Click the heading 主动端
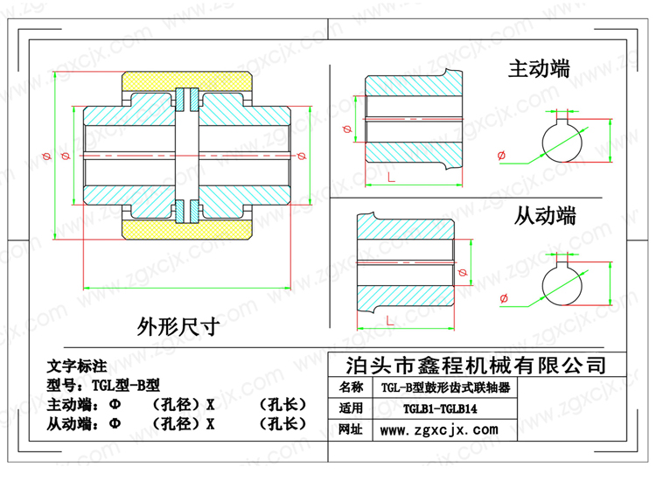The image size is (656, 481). [539, 68]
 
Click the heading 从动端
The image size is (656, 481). [544, 216]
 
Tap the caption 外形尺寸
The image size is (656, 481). [178, 326]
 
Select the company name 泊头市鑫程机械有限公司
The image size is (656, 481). [476, 366]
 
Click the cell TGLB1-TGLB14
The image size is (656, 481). [440, 408]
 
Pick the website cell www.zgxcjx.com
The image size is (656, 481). [439, 429]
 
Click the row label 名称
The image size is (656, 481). [351, 387]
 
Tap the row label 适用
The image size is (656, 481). [351, 408]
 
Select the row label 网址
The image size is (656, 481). [351, 429]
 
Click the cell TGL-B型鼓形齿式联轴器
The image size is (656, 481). [445, 387]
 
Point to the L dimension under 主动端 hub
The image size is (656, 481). [391, 178]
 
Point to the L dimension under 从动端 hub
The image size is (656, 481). [389, 321]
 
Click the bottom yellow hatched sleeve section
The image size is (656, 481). [186, 229]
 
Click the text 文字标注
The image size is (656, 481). [77, 366]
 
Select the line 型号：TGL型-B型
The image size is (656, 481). [103, 385]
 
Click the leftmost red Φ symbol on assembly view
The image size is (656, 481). [47, 157]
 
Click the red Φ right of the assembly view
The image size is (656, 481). [301, 157]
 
